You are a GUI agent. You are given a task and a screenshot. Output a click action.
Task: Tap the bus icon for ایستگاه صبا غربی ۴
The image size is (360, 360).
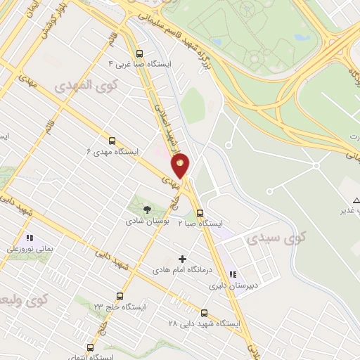[139, 53]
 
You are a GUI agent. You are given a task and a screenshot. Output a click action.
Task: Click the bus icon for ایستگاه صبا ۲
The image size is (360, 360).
[200, 212]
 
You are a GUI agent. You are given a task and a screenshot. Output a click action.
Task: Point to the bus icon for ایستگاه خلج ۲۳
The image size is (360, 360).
[120, 296]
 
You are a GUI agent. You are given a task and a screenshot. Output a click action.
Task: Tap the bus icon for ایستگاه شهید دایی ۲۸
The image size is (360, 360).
[204, 313]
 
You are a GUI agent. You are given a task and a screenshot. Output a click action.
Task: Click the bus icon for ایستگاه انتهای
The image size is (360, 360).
[89, 347]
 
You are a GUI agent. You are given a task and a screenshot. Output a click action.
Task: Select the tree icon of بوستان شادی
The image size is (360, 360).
[147, 209]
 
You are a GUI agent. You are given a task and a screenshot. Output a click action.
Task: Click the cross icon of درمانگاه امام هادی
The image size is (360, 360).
[184, 258]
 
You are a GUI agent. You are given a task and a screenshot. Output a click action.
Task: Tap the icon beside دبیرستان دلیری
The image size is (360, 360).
[233, 274]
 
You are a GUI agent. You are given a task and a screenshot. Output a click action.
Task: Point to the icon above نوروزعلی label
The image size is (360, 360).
[30, 237]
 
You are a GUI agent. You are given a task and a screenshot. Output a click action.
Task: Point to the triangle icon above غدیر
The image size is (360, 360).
[347, 182]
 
